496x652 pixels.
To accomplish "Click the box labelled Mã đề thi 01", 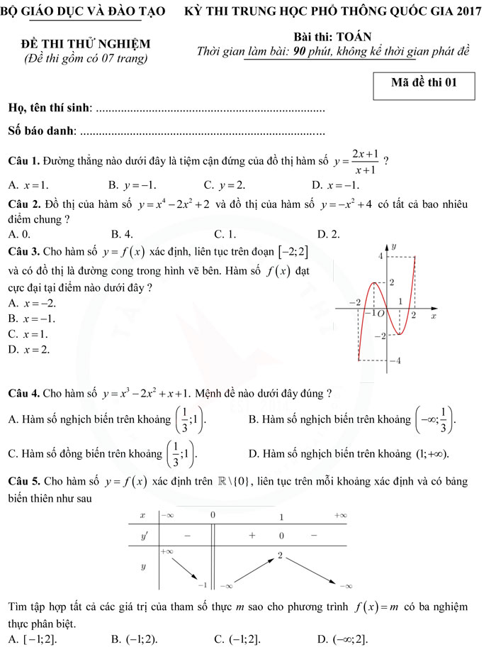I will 424,82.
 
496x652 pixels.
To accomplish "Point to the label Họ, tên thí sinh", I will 48,107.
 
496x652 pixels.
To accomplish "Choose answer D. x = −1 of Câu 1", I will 336,185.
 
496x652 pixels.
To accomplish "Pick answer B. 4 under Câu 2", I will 122,233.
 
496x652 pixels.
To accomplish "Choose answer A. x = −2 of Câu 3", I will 32,303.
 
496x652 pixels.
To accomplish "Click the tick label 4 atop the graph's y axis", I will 381,255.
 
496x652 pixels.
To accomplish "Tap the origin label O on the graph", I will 381,313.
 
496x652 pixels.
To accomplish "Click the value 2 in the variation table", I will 281,556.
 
